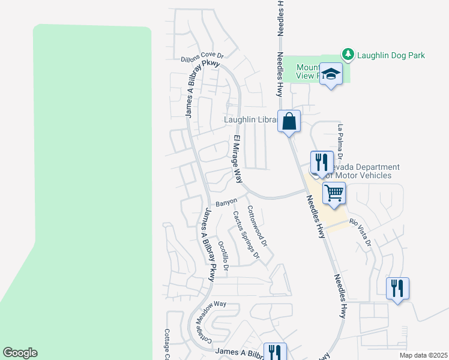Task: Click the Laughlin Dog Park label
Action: click(391, 55)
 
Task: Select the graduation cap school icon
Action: click(330, 74)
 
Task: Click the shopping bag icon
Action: click(289, 121)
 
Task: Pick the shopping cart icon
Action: click(334, 193)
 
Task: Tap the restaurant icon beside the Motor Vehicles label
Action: click(321, 162)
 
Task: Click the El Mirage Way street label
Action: click(238, 160)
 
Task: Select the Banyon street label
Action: click(227, 202)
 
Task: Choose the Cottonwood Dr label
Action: click(257, 227)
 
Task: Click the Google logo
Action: click(20, 353)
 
